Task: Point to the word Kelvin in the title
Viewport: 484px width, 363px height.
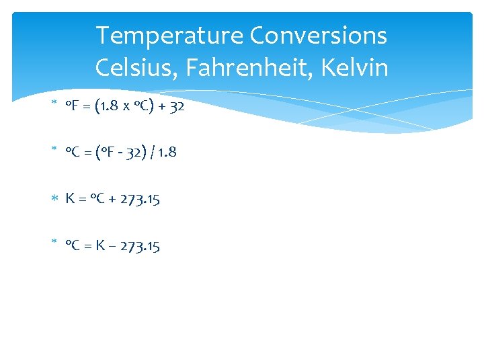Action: pos(356,67)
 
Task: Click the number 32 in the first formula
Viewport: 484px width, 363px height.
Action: pos(176,106)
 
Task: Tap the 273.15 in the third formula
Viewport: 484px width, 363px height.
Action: pos(140,199)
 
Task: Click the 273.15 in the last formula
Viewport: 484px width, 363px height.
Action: pos(140,246)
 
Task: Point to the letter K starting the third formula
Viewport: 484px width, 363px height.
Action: pos(70,199)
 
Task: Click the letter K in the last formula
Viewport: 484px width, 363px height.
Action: pos(99,246)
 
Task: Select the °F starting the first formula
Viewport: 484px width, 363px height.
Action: pos(73,106)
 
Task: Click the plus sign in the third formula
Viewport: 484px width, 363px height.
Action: pos(111,200)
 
